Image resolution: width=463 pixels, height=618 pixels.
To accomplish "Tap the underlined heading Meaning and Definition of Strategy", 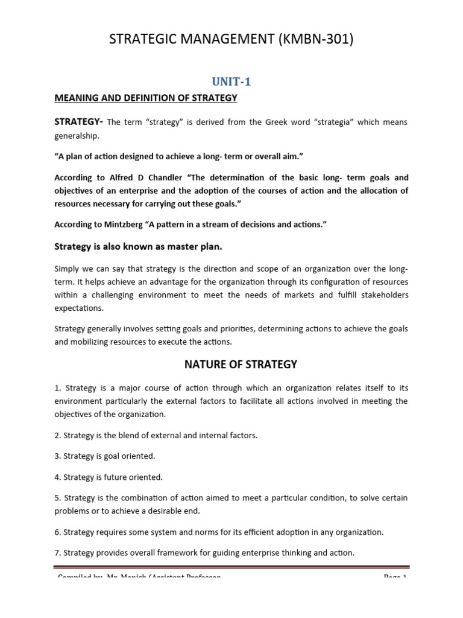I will click(146, 98).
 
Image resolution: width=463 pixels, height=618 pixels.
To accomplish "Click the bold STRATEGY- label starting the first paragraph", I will click(79, 122).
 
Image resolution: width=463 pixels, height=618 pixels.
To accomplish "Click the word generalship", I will click(78, 136).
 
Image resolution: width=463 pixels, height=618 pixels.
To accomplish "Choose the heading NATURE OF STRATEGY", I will click(231, 364).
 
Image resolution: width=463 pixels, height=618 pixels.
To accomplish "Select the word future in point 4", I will click(117, 477).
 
